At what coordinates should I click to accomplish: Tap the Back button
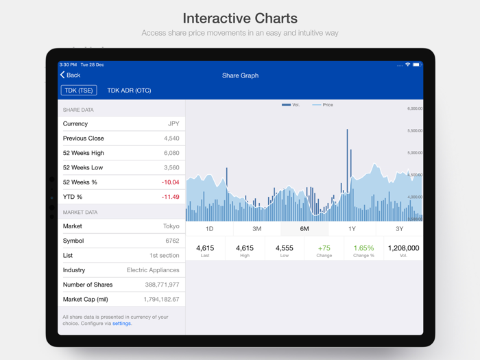[x=70, y=75]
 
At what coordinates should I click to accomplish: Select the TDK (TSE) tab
[x=79, y=91]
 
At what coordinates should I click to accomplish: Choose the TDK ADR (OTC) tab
[x=129, y=91]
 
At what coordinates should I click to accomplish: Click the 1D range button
[x=209, y=229]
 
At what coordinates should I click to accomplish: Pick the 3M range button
[x=256, y=229]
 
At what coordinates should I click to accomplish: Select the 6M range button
[x=304, y=229]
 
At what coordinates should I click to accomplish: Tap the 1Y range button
[x=352, y=229]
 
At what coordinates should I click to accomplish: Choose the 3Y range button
[x=399, y=229]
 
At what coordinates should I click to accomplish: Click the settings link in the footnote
[x=121, y=324]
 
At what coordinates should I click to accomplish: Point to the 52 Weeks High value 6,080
[x=171, y=153]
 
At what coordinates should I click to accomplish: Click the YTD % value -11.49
[x=170, y=197]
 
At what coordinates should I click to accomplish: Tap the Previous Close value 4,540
[x=171, y=139]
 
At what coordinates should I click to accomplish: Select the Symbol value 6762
[x=172, y=241]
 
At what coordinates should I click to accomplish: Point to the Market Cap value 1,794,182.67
[x=161, y=300]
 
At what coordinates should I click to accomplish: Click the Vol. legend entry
[x=291, y=105]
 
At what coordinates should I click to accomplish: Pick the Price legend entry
[x=323, y=105]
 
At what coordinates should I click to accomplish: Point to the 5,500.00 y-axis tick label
[x=414, y=130]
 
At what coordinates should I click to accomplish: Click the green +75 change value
[x=324, y=248]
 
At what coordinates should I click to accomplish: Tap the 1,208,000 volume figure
[x=403, y=248]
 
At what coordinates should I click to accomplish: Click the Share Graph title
[x=240, y=75]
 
